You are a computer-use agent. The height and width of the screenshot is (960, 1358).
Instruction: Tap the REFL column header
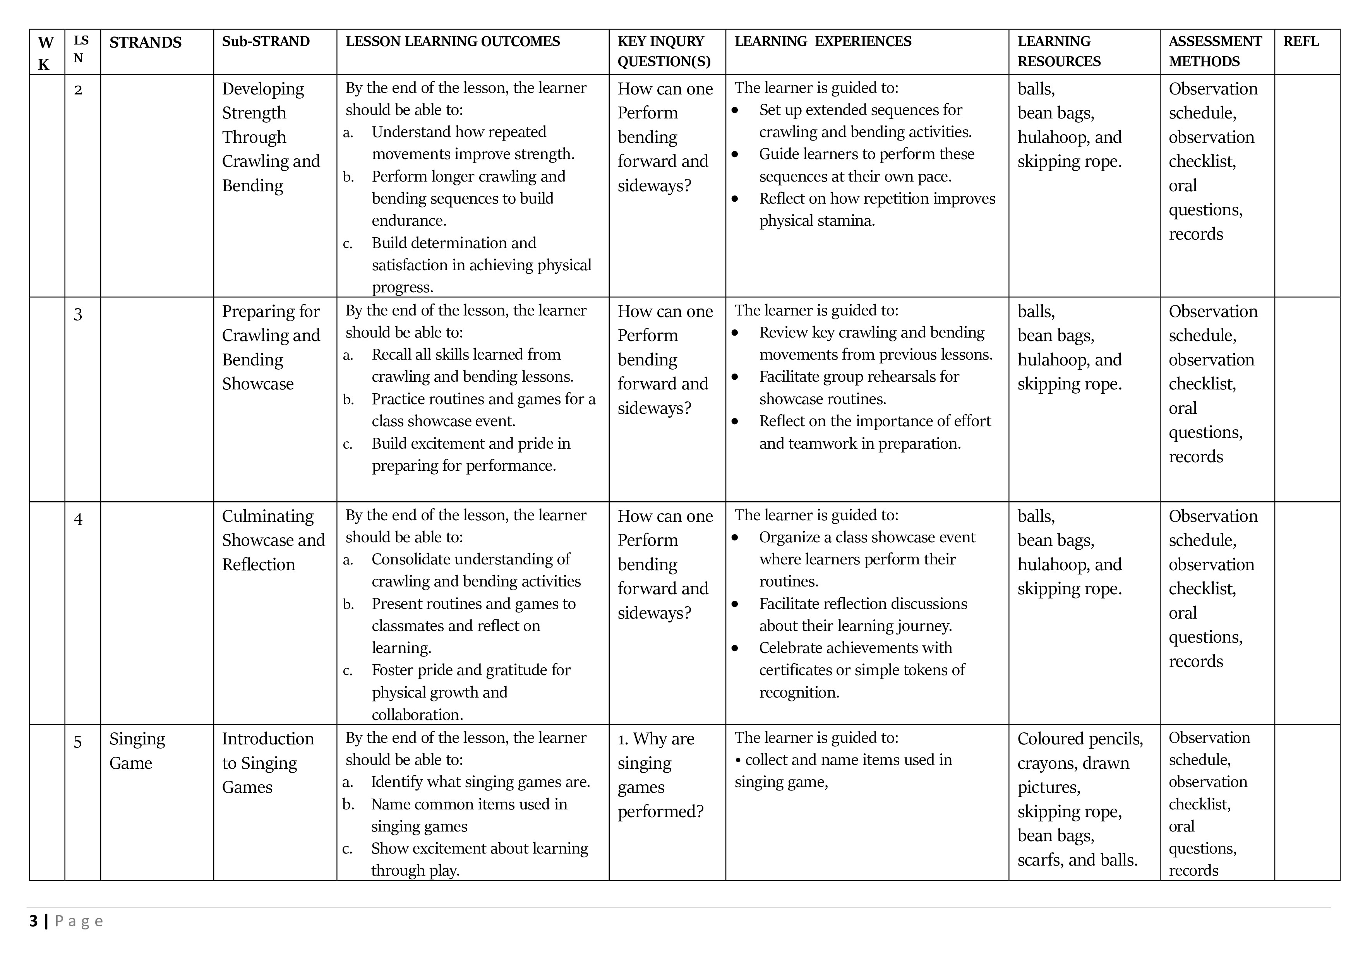(x=1301, y=41)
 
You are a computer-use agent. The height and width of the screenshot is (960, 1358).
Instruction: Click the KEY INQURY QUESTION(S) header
(x=664, y=51)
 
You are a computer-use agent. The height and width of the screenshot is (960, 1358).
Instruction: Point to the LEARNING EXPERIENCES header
(x=823, y=41)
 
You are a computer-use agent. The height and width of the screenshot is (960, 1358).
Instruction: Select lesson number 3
(x=78, y=314)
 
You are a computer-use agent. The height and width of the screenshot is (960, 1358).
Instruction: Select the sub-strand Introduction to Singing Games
(x=267, y=763)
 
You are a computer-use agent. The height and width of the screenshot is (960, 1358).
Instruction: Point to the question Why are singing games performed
(x=660, y=775)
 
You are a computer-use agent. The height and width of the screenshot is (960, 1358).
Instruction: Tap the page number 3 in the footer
(x=34, y=921)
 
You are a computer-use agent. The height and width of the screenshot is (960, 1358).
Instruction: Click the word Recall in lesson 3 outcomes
(x=390, y=354)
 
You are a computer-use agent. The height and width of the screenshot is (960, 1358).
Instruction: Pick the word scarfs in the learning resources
(x=1037, y=860)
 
